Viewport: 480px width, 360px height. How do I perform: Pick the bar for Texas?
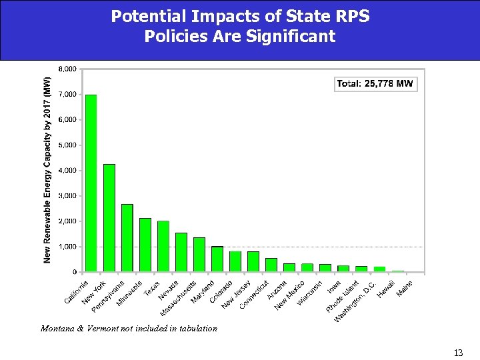click(x=163, y=246)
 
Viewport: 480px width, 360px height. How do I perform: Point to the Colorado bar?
click(x=217, y=259)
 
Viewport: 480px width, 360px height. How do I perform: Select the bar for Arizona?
click(x=271, y=265)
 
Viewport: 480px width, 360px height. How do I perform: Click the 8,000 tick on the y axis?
click(x=68, y=69)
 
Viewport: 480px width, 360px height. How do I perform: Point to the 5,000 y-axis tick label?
click(x=68, y=145)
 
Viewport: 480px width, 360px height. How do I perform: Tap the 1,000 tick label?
click(x=68, y=247)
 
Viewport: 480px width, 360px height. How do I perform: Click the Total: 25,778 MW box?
click(x=375, y=84)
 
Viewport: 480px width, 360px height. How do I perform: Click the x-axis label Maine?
click(x=405, y=288)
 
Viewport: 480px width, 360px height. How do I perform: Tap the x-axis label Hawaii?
click(x=385, y=289)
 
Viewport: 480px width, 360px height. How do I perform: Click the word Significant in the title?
click(x=291, y=36)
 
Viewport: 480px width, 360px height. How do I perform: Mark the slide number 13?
click(x=457, y=353)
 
